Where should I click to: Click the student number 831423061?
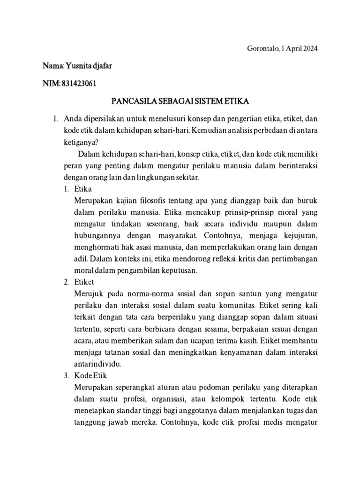click(x=79, y=84)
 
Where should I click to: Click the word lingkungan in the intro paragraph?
click(x=156, y=178)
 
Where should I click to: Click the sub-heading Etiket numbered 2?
click(x=84, y=282)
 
